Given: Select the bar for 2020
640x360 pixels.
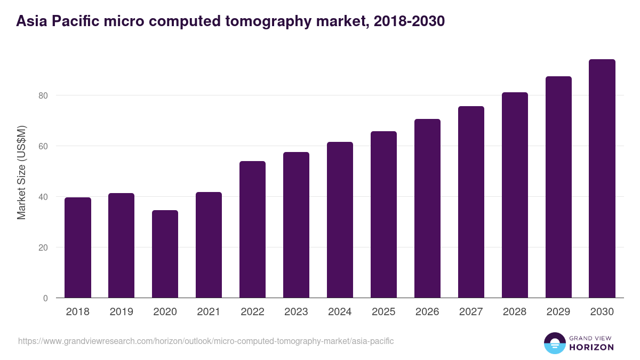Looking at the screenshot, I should [x=165, y=254].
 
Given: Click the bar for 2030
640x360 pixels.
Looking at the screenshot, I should [x=602, y=179].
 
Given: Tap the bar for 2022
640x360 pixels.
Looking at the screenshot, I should [x=252, y=229].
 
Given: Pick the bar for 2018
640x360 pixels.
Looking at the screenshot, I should [x=78, y=247].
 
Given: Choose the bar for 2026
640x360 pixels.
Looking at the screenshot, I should [x=427, y=209].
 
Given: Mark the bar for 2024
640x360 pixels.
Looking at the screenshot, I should [x=340, y=220].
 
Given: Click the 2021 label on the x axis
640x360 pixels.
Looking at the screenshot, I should [x=209, y=312].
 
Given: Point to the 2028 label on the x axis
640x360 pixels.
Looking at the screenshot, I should [x=515, y=312].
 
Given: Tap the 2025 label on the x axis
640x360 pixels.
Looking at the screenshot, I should [x=383, y=312].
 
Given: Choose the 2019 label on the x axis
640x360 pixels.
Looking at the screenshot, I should [x=121, y=312].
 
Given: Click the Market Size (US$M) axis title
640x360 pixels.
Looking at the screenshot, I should [x=22, y=173].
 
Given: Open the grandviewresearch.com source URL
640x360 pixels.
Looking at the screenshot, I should [x=206, y=341].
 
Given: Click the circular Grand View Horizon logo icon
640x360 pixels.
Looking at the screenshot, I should [x=555, y=343].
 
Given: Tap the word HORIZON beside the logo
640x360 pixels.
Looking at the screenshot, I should [x=591, y=347].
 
